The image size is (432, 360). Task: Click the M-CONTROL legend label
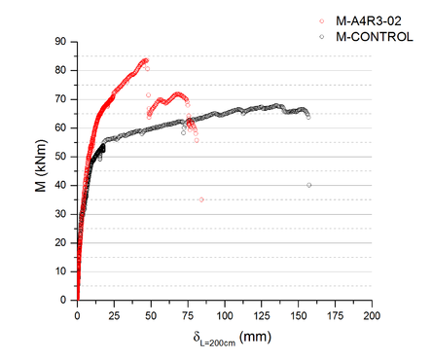tap(374, 36)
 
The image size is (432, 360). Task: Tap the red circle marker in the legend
tap(323, 20)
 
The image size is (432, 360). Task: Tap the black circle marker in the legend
tap(323, 36)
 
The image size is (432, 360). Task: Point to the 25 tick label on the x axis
tap(114, 316)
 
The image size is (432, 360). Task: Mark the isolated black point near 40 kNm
tap(309, 185)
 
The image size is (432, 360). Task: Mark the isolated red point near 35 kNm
tap(201, 199)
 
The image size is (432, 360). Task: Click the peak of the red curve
tap(145, 60)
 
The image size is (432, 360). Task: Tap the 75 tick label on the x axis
tap(188, 316)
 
